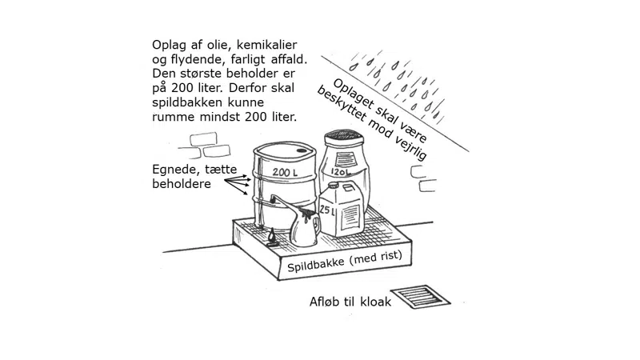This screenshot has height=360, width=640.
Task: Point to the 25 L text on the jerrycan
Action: (x=327, y=210)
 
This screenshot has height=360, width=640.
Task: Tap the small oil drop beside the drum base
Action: (x=273, y=236)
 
